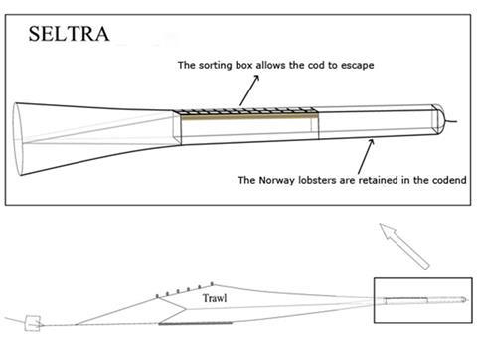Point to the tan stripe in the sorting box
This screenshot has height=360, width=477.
click(x=248, y=117)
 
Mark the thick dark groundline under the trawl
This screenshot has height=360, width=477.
click(x=184, y=322)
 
